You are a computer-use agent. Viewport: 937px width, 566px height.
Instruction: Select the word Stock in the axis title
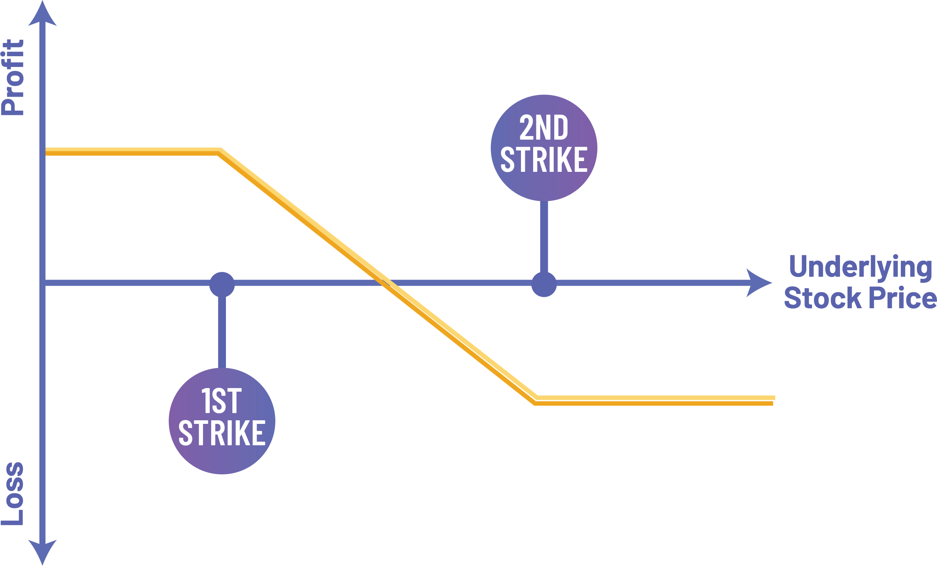click(x=822, y=299)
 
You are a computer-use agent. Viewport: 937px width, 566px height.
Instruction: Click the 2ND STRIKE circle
click(x=544, y=147)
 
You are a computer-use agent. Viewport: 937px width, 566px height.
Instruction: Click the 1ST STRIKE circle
click(x=222, y=421)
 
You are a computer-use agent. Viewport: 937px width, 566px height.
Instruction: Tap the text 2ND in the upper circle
click(x=544, y=128)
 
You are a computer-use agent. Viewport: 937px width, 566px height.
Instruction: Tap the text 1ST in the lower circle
click(x=222, y=401)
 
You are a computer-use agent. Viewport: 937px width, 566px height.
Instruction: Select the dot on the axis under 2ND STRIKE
click(x=544, y=284)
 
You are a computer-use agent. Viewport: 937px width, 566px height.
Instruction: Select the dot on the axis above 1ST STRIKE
click(x=222, y=284)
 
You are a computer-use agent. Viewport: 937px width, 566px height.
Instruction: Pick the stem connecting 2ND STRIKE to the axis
click(x=544, y=236)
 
